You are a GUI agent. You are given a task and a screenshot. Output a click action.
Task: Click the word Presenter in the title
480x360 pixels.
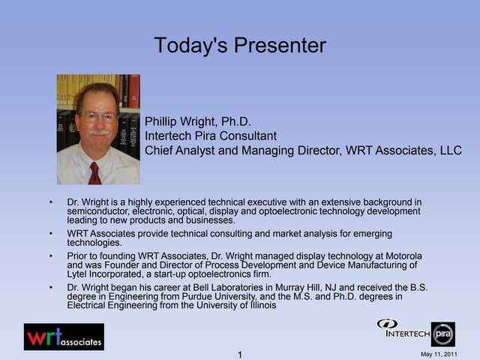(280, 45)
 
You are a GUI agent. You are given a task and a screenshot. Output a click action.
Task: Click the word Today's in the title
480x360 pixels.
(190, 45)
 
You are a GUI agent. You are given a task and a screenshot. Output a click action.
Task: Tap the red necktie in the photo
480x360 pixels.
(94, 173)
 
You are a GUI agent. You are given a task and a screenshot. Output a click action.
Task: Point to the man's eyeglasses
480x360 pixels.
(98, 117)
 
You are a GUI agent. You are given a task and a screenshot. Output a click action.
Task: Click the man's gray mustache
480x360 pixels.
(98, 133)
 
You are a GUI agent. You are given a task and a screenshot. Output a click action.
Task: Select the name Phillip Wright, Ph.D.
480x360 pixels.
(198, 121)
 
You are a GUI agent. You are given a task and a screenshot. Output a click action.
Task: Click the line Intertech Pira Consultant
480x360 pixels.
(211, 136)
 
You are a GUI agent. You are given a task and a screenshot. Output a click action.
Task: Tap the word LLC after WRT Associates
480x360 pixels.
(451, 150)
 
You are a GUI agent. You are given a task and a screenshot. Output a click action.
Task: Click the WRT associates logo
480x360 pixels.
(64, 337)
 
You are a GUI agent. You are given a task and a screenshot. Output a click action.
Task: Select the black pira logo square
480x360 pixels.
(443, 334)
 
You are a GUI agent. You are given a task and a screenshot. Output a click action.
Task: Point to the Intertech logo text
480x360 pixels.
(408, 333)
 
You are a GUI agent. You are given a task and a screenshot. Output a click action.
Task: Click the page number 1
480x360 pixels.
(240, 355)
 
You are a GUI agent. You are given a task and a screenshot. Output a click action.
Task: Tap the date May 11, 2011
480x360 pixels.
(439, 354)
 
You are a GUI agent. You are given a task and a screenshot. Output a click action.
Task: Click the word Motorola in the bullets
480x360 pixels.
(403, 256)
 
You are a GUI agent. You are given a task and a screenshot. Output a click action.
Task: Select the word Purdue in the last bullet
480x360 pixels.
(196, 297)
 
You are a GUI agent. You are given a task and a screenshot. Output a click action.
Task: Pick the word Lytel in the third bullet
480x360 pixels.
(76, 274)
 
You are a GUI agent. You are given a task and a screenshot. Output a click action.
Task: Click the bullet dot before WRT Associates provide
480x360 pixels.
(51, 233)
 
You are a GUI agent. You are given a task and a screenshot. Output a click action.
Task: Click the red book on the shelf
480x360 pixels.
(133, 91)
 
